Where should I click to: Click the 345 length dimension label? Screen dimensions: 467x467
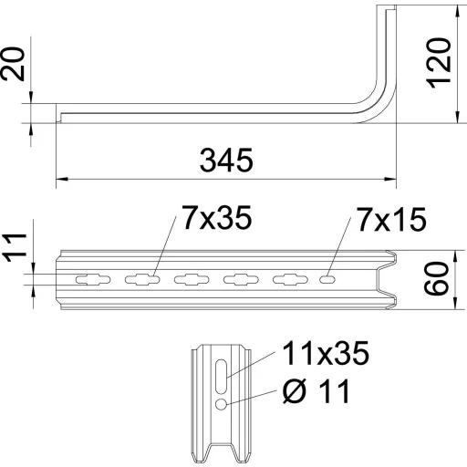click(x=226, y=160)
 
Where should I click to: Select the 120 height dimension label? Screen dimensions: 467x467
click(x=439, y=63)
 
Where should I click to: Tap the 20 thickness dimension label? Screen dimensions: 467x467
click(x=12, y=64)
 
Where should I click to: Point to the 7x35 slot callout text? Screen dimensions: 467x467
click(x=217, y=217)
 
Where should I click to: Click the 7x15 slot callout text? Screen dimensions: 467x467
click(x=391, y=219)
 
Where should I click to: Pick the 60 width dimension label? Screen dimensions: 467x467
click(x=436, y=279)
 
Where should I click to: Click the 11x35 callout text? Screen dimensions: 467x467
click(x=326, y=353)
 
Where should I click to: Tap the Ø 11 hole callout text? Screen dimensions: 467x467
click(x=317, y=391)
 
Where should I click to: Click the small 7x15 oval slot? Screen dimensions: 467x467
click(x=327, y=279)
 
